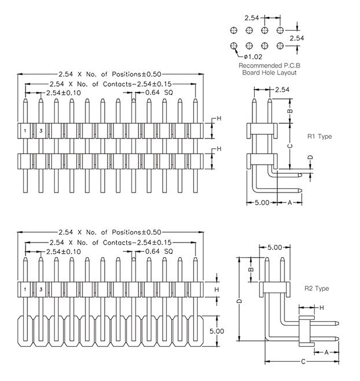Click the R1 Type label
pos(319,137)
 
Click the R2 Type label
pos(317,289)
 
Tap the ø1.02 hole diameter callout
pos(254,56)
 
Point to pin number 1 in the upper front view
pos(26,131)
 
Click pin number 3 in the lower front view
pos(41,289)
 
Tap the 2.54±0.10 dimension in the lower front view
pos(63,251)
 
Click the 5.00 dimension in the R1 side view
pos(262,202)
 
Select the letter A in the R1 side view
pos(290,202)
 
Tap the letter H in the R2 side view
pos(321,307)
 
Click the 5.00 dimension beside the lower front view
pos(216,331)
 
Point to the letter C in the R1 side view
pos(290,147)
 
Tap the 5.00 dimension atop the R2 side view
pos(275,248)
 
